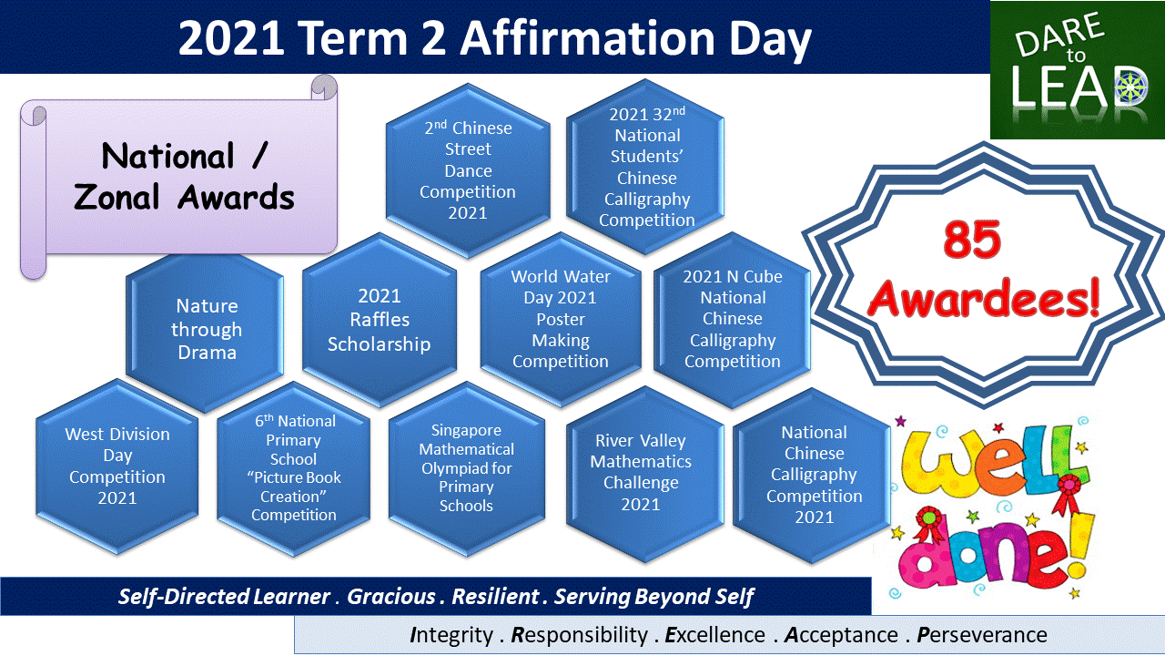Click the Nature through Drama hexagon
tap(205, 330)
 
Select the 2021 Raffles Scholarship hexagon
tap(380, 320)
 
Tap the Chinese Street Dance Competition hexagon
tap(468, 170)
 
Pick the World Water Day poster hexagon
tap(561, 319)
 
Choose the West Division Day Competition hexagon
tap(117, 466)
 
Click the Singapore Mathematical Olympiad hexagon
tap(467, 468)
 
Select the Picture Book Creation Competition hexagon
tap(294, 468)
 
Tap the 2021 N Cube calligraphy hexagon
tap(733, 319)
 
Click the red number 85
tap(971, 241)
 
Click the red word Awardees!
tap(984, 298)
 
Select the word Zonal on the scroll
tap(116, 198)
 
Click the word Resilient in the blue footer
tap(495, 597)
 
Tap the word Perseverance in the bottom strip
tap(982, 635)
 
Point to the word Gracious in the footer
tap(391, 597)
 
